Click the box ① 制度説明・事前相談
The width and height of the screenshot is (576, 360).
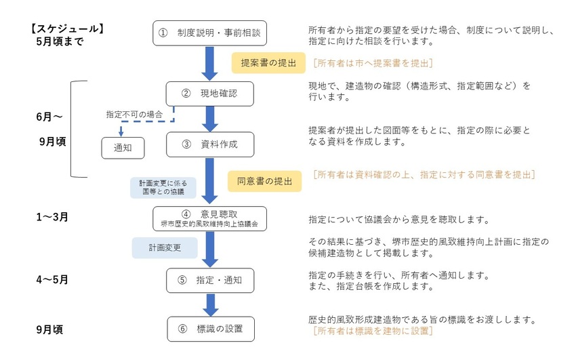click(x=210, y=32)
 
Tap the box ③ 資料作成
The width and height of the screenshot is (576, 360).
click(x=210, y=144)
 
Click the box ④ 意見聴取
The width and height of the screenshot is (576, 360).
click(x=210, y=218)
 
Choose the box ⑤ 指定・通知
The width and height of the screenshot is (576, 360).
click(x=210, y=279)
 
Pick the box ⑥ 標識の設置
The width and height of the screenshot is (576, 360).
click(x=210, y=329)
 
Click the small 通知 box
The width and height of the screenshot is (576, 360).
click(x=123, y=148)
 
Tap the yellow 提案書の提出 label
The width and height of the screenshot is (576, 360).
click(x=269, y=63)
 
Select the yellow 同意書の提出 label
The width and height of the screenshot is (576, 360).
click(x=264, y=180)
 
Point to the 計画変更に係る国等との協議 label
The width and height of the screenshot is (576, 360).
click(x=163, y=187)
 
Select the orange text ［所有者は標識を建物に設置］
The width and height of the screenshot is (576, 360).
click(x=371, y=331)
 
